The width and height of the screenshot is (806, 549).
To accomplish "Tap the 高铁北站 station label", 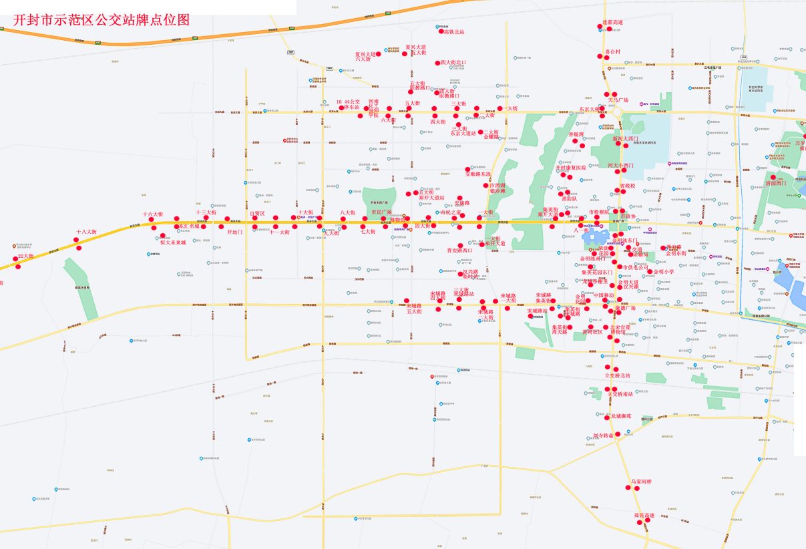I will (454, 32).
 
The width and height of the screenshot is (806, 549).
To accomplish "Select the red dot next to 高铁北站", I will (441, 31).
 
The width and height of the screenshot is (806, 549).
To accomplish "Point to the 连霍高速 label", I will (612, 23).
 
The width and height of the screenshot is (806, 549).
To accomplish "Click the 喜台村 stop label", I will (612, 51).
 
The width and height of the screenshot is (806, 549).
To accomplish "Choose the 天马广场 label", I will (618, 100).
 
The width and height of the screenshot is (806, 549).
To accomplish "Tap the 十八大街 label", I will (86, 232).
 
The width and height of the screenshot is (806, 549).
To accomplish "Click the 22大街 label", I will (25, 256).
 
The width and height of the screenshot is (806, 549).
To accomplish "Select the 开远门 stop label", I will (235, 232).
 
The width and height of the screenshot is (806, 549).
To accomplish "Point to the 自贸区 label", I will (257, 214).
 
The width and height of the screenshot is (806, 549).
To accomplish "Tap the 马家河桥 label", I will (641, 482).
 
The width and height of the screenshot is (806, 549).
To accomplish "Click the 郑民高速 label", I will (644, 515).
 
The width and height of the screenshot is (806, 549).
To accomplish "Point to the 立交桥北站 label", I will (618, 376).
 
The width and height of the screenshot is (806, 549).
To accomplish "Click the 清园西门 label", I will (776, 183).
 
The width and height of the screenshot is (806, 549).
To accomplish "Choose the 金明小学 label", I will (664, 272).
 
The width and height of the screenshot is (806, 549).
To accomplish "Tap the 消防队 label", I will (569, 199).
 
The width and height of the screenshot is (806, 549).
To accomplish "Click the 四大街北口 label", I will (453, 63).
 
